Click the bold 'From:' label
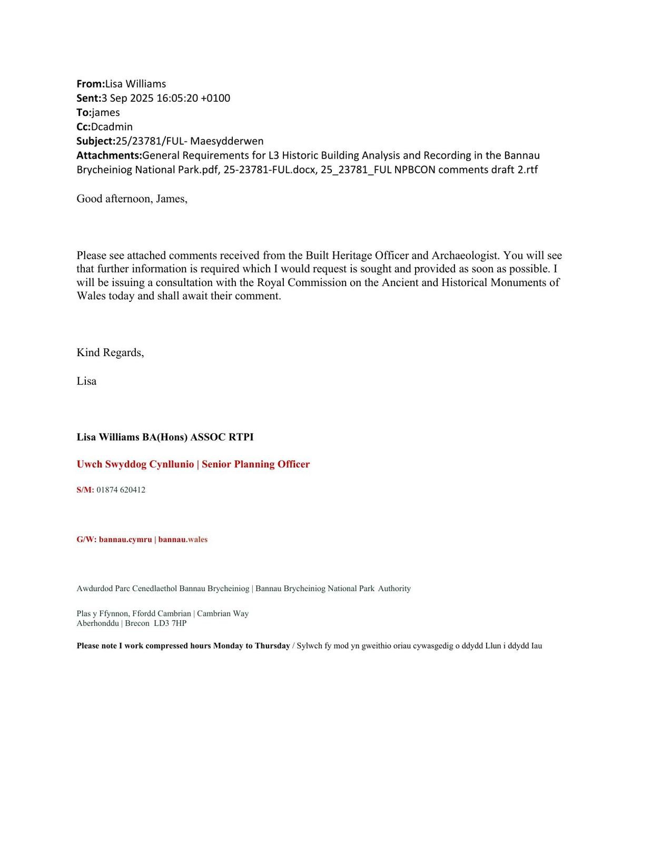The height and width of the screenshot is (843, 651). click(x=91, y=84)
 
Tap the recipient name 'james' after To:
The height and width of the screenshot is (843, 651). click(x=106, y=112)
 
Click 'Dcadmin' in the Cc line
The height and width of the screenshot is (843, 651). click(x=112, y=126)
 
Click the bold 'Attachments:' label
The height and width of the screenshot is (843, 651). click(x=109, y=155)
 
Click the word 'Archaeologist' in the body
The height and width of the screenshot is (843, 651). click(x=465, y=256)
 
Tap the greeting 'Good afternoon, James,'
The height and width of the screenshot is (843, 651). click(x=132, y=199)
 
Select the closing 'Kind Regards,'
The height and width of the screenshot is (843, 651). click(x=110, y=352)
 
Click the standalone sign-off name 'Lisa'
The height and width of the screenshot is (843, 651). click(x=86, y=381)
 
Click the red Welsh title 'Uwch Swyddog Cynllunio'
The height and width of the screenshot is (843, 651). click(x=135, y=464)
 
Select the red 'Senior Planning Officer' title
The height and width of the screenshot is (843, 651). click(x=255, y=464)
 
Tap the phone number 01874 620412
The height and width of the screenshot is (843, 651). click(x=121, y=490)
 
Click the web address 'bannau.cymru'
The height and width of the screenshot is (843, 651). click(x=125, y=540)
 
